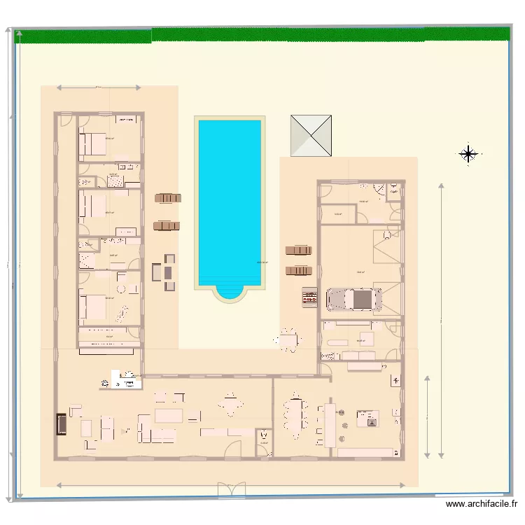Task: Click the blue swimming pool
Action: [230, 199]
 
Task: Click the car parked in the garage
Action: [354, 300]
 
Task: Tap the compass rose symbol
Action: [468, 154]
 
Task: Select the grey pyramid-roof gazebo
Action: [311, 136]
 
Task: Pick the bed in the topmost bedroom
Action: [92, 145]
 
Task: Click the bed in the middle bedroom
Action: [92, 204]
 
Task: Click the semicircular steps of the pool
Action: [230, 293]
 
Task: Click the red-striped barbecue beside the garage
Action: [309, 297]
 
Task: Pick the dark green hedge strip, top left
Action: [84, 36]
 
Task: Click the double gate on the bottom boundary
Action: [231, 490]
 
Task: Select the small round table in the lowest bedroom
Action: [120, 288]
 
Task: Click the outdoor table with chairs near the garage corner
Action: [288, 340]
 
